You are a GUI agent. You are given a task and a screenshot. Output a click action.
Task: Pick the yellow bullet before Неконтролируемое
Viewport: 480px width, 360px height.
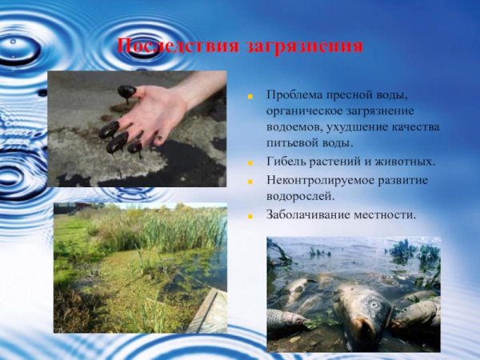(250, 182)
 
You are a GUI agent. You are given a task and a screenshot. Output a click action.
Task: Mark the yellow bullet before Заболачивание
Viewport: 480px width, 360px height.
(250, 216)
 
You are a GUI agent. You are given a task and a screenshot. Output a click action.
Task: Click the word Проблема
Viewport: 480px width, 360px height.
(297, 96)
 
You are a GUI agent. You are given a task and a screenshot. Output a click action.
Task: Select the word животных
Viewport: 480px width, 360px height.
(406, 162)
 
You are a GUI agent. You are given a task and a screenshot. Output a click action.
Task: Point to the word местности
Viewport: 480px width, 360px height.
(388, 216)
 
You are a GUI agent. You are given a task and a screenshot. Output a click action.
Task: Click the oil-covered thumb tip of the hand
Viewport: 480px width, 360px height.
(126, 90)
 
